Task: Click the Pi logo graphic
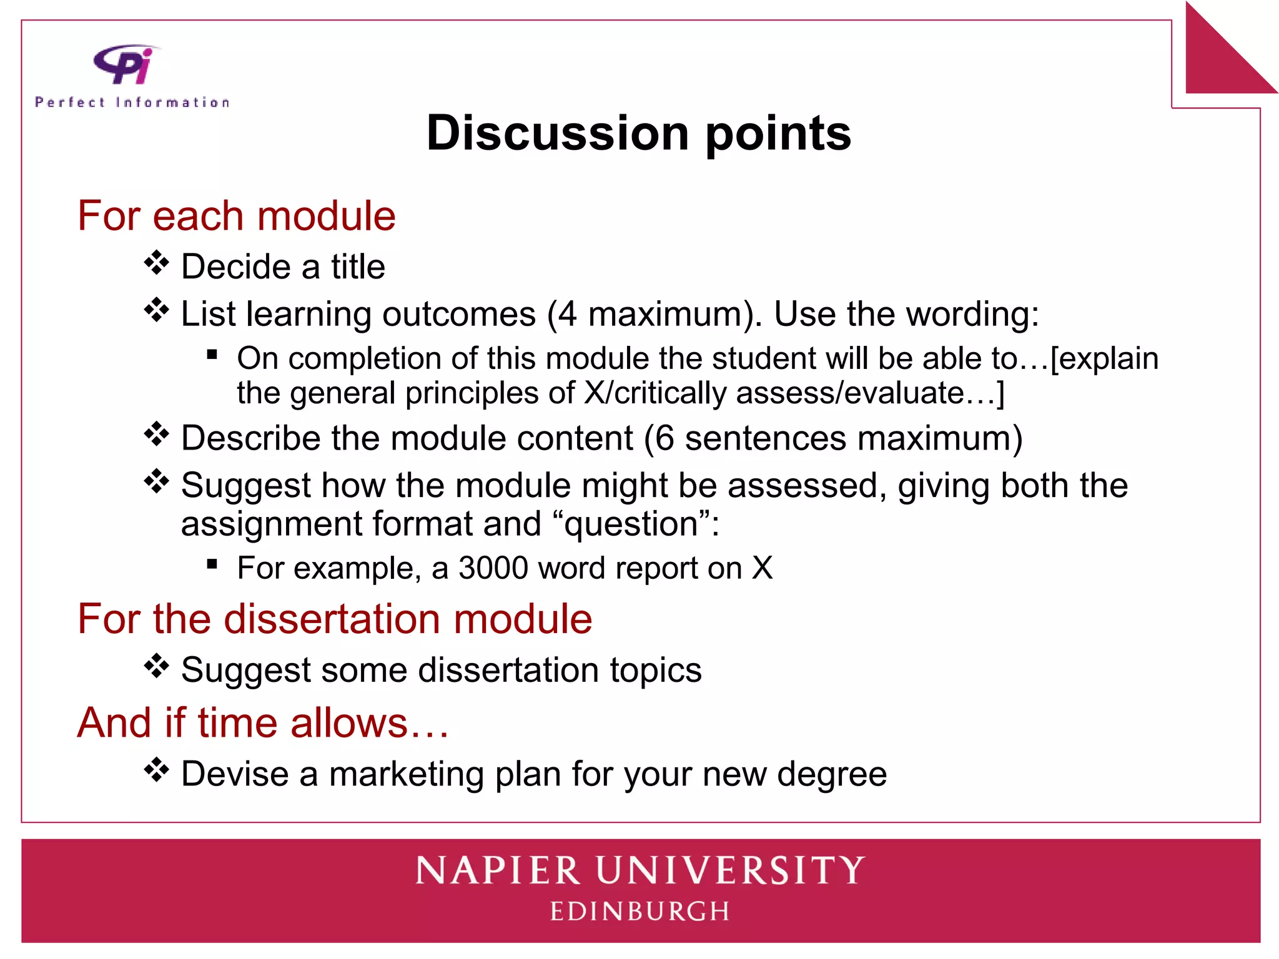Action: tap(125, 64)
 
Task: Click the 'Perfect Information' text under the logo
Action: tap(132, 102)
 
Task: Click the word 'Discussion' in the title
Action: tap(557, 133)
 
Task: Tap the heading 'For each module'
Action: tap(236, 216)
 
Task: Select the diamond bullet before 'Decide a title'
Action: tap(156, 263)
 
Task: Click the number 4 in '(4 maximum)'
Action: tap(567, 314)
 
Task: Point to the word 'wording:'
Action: tap(972, 314)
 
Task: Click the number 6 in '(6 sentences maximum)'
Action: tap(664, 438)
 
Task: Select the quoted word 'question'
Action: tap(631, 524)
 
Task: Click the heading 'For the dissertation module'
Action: tap(335, 619)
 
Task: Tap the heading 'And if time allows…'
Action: tap(263, 723)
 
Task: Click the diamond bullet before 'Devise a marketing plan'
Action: tap(156, 770)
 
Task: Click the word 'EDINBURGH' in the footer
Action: tap(639, 912)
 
